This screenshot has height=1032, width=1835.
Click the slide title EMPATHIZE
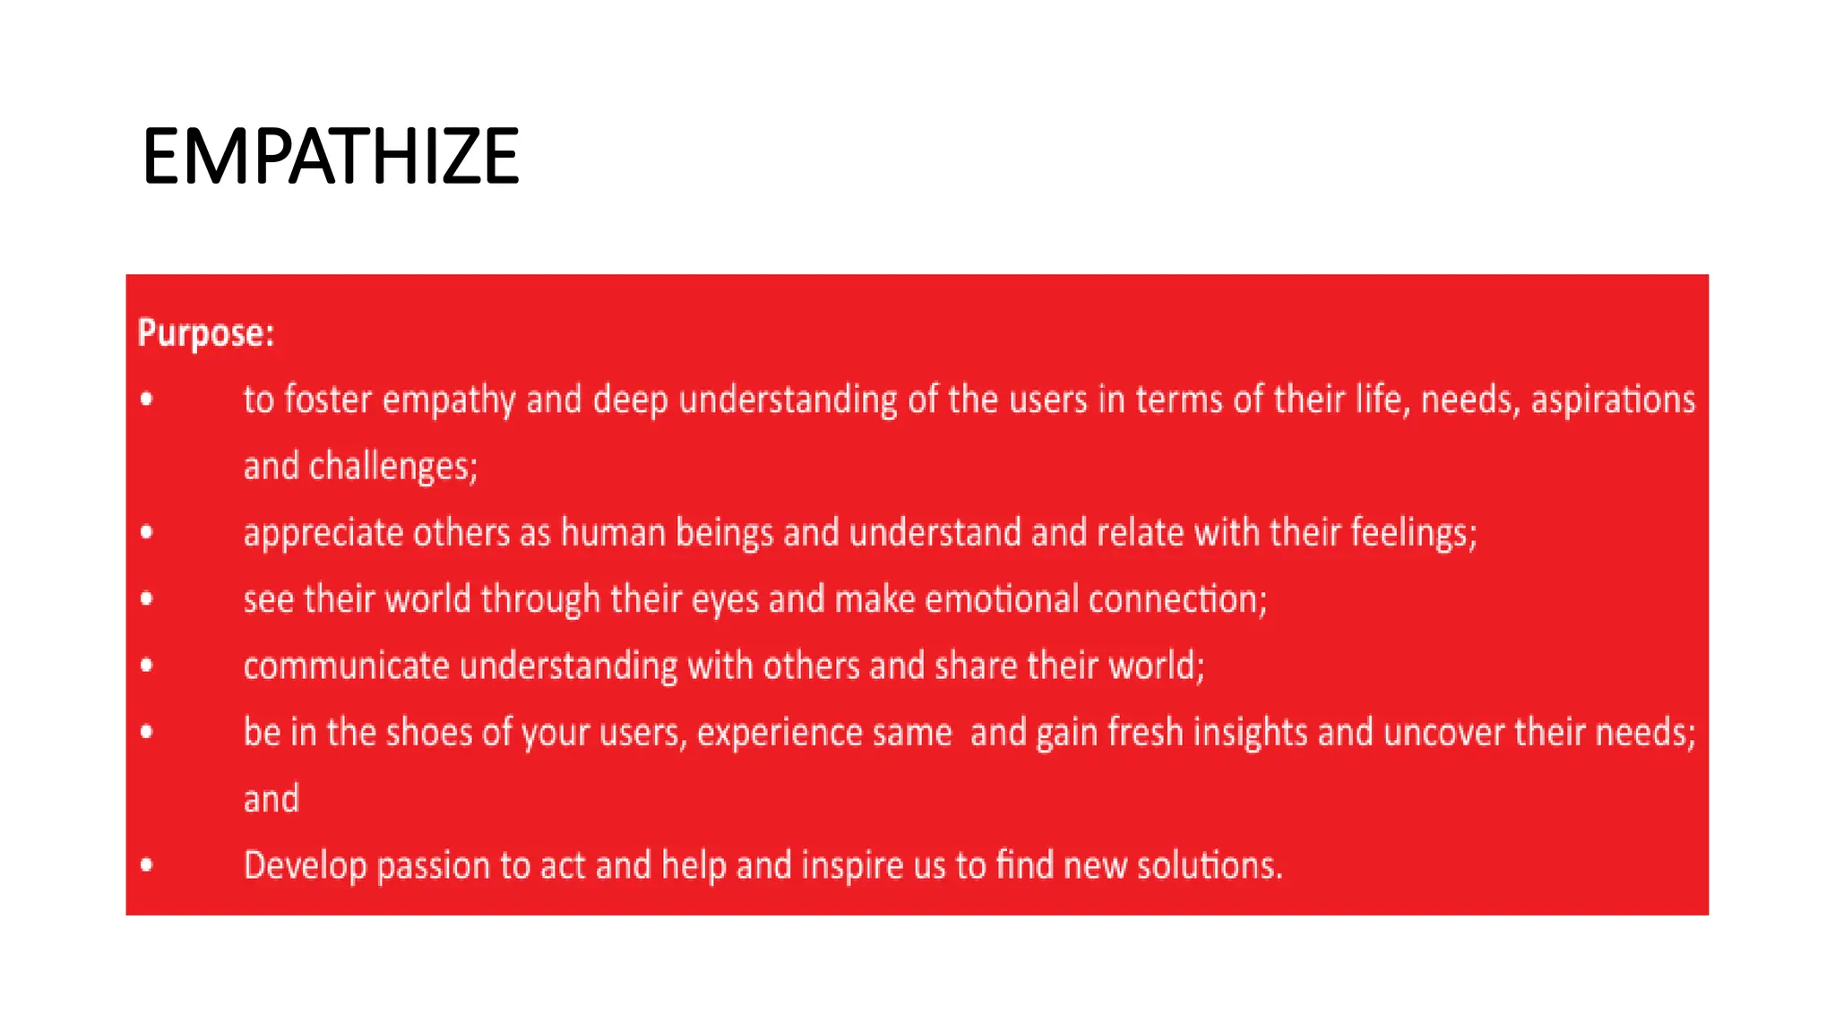pos(331,157)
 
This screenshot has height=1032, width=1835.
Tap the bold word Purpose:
pos(206,333)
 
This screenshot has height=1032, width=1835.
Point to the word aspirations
pos(1613,400)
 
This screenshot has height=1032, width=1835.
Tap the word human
pos(613,533)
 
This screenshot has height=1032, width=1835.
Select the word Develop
pos(305,866)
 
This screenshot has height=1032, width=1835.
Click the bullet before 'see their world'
pos(147,599)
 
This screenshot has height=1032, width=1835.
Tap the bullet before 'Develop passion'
pos(147,865)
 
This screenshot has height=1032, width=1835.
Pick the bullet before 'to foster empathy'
pos(147,400)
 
